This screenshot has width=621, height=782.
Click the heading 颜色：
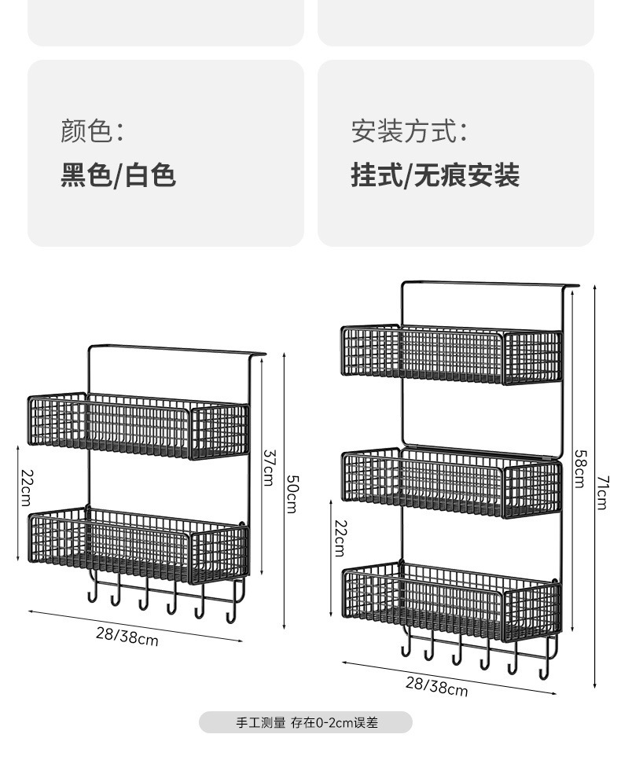[92, 131]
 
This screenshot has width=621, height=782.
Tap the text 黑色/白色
[118, 174]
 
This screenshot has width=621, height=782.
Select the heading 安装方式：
[409, 131]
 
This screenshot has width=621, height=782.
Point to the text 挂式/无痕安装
[435, 174]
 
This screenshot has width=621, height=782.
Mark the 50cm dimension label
[291, 494]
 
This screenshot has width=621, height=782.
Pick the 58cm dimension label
[579, 468]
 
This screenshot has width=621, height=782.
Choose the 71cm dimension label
[601, 493]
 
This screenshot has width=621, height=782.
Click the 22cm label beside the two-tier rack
[25, 488]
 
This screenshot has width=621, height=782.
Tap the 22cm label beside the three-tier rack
[340, 538]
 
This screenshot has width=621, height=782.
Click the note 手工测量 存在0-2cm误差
[307, 722]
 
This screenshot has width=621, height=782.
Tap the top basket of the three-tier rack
[451, 354]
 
